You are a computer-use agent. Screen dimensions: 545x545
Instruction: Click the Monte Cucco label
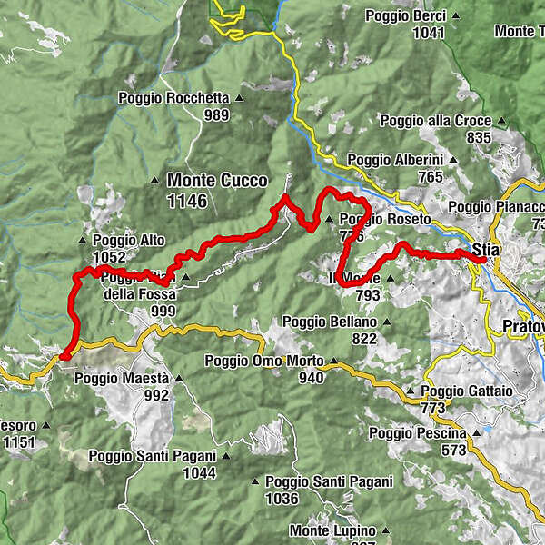pyautogui.click(x=217, y=181)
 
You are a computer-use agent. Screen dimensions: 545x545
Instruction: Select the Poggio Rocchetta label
pyautogui.click(x=174, y=98)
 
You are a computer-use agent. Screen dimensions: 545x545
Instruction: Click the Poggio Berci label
pyautogui.click(x=402, y=15)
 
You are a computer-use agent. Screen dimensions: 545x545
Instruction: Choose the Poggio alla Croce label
pyautogui.click(x=435, y=121)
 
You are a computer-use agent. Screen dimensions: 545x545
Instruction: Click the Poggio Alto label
pyautogui.click(x=128, y=241)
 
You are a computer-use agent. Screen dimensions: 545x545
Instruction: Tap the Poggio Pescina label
pyautogui.click(x=417, y=433)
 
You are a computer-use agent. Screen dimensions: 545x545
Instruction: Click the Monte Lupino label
pyautogui.click(x=332, y=530)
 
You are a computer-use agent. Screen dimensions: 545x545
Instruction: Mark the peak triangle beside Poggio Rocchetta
pyautogui.click(x=240, y=98)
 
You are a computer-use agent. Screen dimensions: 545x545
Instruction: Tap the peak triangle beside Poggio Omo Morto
pyautogui.click(x=333, y=361)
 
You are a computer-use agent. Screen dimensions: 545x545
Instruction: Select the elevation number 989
pyautogui.click(x=216, y=114)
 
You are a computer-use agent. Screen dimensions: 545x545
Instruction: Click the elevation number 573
pyautogui.click(x=453, y=450)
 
